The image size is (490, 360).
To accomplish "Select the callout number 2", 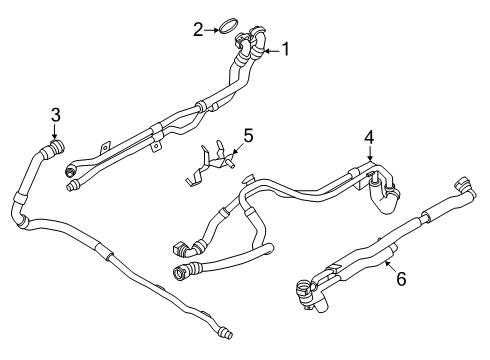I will click(x=199, y=29).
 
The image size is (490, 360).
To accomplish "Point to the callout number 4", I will click(x=369, y=137).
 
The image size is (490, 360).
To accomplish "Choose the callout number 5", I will click(x=250, y=133).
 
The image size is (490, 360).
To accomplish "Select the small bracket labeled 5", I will click(x=210, y=165).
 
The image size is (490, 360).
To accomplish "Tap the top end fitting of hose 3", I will click(x=55, y=147).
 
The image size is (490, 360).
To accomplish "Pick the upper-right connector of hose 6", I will click(x=462, y=186).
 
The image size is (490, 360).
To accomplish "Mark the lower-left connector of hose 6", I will click(x=301, y=289).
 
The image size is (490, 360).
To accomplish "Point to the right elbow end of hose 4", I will click(x=384, y=206).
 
